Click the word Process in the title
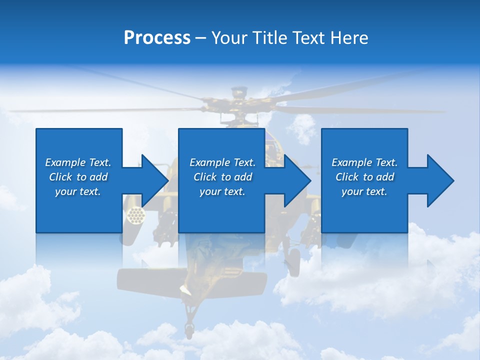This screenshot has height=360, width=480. point(157,38)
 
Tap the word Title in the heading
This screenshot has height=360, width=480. point(269,38)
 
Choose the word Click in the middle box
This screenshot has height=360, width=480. point(205,177)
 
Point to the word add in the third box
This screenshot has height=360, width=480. point(384,177)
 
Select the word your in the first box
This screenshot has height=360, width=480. point(65,191)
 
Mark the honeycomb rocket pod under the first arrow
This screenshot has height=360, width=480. point(135,215)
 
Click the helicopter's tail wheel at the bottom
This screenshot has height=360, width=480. point(189,329)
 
